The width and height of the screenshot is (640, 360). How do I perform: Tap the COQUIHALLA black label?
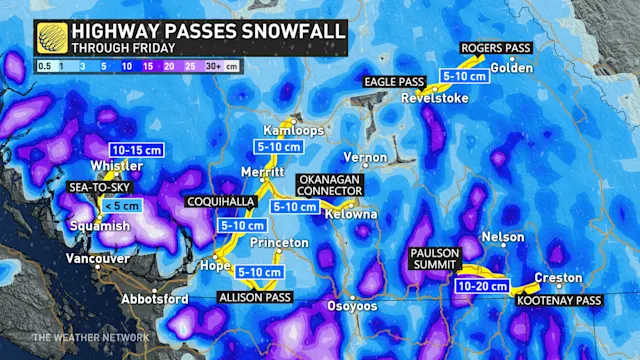pyautogui.click(x=221, y=201)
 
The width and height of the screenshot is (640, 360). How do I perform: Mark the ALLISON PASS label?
pyautogui.click(x=255, y=297)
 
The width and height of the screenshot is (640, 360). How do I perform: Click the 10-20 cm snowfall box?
pyautogui.click(x=482, y=285)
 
